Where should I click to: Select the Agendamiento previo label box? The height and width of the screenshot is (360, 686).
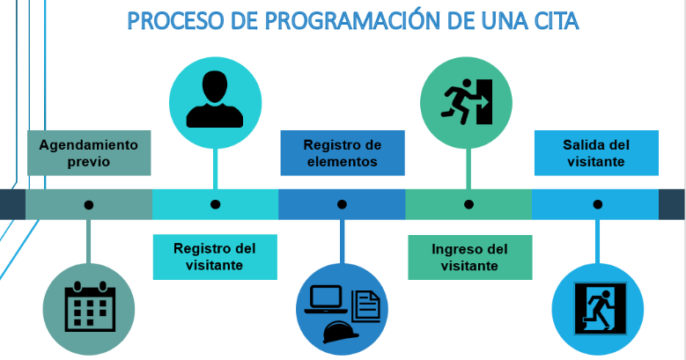[89, 153]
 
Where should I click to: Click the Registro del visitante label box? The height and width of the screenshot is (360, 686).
[215, 257]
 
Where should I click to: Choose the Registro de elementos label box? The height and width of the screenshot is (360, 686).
[343, 153]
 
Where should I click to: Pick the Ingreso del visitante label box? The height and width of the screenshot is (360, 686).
[470, 257]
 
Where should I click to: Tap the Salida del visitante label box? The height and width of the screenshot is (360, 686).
[596, 153]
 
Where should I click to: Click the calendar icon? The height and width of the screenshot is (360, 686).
[90, 306]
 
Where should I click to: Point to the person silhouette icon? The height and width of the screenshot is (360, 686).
[215, 99]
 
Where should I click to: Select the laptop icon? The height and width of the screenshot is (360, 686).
[326, 299]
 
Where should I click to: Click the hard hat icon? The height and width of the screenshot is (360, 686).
[341, 332]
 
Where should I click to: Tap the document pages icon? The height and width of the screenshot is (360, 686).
[366, 306]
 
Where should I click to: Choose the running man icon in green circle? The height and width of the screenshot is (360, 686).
[467, 101]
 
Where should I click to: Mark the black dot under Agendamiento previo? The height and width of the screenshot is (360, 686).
[89, 205]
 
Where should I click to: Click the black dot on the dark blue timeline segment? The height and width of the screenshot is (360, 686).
[343, 204]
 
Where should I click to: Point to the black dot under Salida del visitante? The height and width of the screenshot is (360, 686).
[598, 204]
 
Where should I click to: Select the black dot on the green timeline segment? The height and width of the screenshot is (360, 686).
[469, 204]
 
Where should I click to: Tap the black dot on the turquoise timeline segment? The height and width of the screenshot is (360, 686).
[215, 204]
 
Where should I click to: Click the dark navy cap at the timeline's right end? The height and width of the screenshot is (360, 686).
[672, 204]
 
